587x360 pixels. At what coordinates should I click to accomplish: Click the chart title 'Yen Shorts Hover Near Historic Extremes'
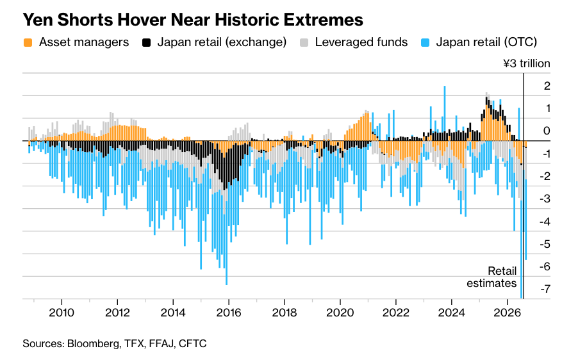pyautogui.click(x=193, y=20)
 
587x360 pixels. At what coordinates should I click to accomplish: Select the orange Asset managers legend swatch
pyautogui.click(x=28, y=43)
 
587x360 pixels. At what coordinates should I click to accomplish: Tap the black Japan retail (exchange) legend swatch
pyautogui.click(x=146, y=43)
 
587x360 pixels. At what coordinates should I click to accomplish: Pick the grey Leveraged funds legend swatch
pyautogui.click(x=304, y=43)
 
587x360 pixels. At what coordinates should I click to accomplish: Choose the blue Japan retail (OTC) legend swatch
pyautogui.click(x=425, y=43)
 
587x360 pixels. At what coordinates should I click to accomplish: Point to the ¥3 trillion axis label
pyautogui.click(x=527, y=63)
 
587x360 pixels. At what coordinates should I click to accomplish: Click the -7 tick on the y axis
pyautogui.click(x=545, y=289)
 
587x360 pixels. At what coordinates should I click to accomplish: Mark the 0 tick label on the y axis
pyautogui.click(x=547, y=131)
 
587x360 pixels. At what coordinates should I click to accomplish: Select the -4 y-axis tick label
pyautogui.click(x=545, y=222)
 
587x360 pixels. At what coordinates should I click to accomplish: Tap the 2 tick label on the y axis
pyautogui.click(x=547, y=86)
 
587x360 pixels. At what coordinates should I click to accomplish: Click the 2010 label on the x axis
pyautogui.click(x=62, y=313)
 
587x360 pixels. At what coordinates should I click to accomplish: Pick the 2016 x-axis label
pyautogui.click(x=229, y=313)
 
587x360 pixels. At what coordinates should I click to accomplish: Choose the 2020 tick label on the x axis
pyautogui.click(x=340, y=313)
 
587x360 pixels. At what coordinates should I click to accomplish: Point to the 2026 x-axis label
pyautogui.click(x=508, y=313)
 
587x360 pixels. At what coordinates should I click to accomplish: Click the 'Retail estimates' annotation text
pyautogui.click(x=492, y=277)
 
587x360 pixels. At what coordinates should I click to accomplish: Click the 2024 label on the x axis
pyautogui.click(x=452, y=313)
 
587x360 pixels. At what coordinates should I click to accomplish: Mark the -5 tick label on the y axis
pyautogui.click(x=545, y=244)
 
